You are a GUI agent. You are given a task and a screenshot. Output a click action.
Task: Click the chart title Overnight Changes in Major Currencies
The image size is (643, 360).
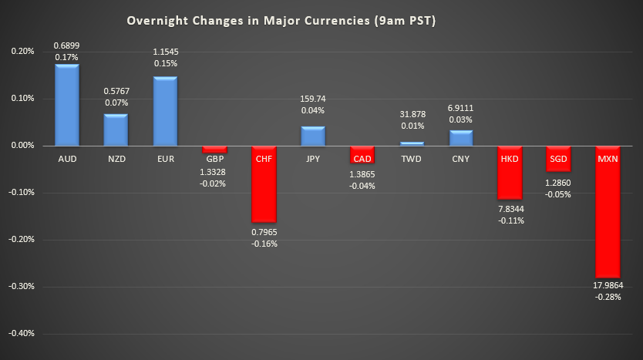tap(281, 21)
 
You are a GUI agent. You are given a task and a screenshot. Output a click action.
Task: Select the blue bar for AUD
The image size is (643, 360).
tap(66, 105)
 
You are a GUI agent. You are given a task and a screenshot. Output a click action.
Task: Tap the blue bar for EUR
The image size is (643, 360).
tap(165, 111)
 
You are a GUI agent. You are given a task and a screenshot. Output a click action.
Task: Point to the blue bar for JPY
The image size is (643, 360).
tap(313, 136)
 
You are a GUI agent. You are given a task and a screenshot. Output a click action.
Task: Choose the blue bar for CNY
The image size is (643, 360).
tap(461, 137)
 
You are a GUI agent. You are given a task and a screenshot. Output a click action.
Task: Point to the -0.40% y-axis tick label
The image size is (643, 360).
tap(22, 334)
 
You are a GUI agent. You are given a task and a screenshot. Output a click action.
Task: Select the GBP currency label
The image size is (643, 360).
tap(214, 158)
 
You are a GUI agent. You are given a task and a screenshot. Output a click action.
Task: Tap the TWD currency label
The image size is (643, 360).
tap(412, 158)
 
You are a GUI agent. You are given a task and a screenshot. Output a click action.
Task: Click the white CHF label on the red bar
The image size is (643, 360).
tap(264, 158)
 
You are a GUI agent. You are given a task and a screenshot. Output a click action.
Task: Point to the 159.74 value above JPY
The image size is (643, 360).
tap(313, 99)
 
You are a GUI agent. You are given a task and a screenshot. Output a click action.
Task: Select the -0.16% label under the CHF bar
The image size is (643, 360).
tap(264, 244)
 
